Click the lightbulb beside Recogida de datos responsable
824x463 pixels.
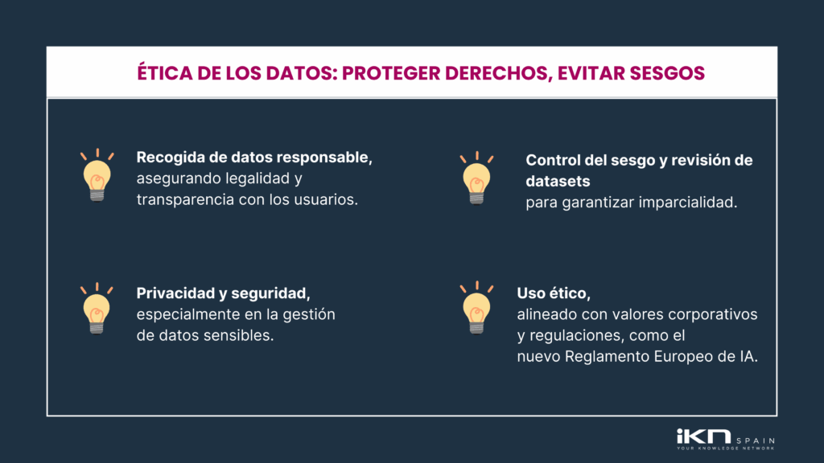97,175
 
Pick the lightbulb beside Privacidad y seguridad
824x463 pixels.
97,309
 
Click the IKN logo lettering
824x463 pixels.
702,437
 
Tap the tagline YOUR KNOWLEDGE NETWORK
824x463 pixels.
726,448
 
